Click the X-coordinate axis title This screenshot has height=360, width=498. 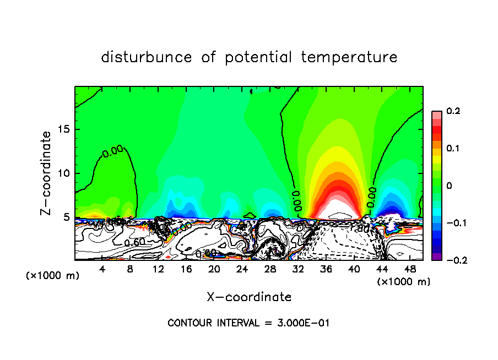click(249, 297)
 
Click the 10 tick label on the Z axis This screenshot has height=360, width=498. click(64, 173)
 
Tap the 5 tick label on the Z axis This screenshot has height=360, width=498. click(67, 217)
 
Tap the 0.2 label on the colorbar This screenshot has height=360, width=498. click(453, 111)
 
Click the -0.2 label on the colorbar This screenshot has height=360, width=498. click(451, 260)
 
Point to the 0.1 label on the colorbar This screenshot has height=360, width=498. click(453, 149)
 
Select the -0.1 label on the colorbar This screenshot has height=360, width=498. click(451, 223)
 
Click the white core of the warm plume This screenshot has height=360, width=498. click(334, 209)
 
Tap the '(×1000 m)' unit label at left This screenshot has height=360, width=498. click(53, 276)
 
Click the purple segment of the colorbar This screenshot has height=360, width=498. click(437, 256)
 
